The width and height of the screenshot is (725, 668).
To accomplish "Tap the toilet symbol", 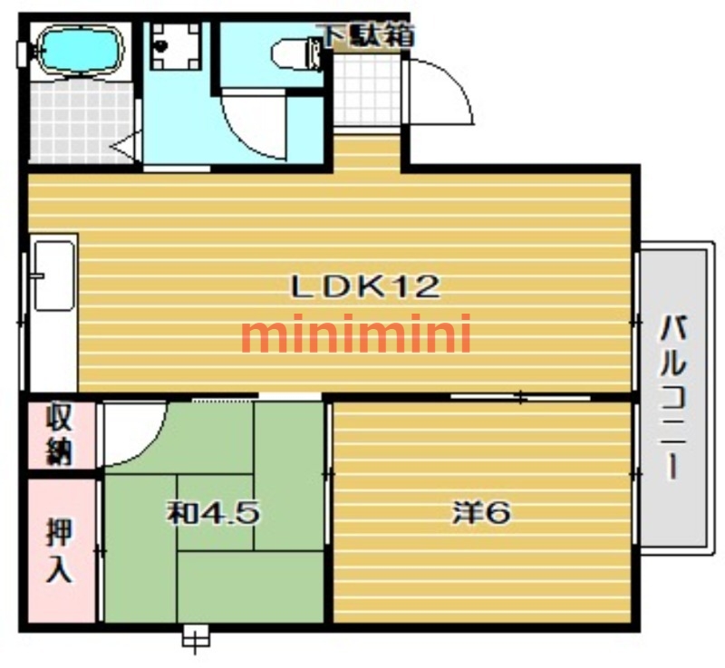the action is pyautogui.click(x=296, y=54).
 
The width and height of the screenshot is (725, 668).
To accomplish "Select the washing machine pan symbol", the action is pyautogui.click(x=176, y=46).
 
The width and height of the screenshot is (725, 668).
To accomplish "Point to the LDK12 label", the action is pyautogui.click(x=365, y=286).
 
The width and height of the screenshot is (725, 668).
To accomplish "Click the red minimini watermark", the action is pyautogui.click(x=356, y=333).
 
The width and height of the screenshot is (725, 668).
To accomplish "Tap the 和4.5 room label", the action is pyautogui.click(x=214, y=513).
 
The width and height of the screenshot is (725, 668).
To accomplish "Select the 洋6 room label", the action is pyautogui.click(x=482, y=512).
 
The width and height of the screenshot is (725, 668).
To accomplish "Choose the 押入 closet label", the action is pyautogui.click(x=60, y=550).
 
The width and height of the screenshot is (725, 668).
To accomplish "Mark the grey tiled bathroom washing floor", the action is pyautogui.click(x=81, y=122).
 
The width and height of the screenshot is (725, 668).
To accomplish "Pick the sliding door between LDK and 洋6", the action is pyautogui.click(x=520, y=397).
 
